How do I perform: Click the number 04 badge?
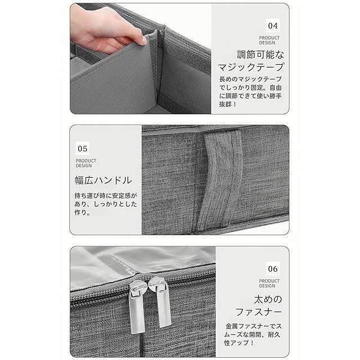pyautogui.click(x=273, y=25)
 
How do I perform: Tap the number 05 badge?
pyautogui.click(x=83, y=148)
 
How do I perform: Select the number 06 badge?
pyautogui.click(x=273, y=269)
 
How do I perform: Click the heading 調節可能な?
pyautogui.click(x=260, y=55)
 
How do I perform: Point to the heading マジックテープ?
pyautogui.click(x=251, y=67)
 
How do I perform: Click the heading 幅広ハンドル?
pyautogui.click(x=103, y=180)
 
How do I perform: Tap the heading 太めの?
pyautogui.click(x=268, y=299)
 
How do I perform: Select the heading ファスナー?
pyautogui.click(x=259, y=312)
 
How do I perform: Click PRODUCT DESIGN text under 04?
pyautogui.click(x=269, y=40)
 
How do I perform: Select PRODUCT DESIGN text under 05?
pyautogui.click(x=86, y=163)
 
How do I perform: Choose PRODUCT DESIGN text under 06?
pyautogui.click(x=269, y=283)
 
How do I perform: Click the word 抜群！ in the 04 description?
pyautogui.click(x=227, y=104)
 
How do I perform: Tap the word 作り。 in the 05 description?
pyautogui.click(x=82, y=213)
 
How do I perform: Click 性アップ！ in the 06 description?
pyautogui.click(x=238, y=343)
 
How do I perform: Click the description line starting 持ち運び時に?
pyautogui.click(x=106, y=196)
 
